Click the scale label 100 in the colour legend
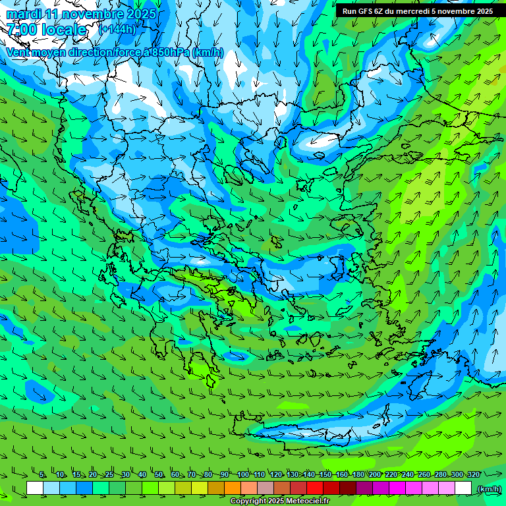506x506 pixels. [243, 474]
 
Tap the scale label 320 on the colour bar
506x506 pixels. [474, 474]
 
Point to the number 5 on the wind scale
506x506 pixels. [42, 474]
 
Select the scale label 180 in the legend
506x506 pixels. [358, 474]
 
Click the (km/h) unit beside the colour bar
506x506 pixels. [488, 489]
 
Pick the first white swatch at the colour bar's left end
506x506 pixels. [35, 488]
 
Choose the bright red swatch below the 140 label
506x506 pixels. [315, 488]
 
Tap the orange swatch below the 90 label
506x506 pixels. [233, 488]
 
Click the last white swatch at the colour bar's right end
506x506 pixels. [463, 488]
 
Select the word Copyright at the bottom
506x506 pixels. [248, 501]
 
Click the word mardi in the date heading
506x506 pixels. [23, 14]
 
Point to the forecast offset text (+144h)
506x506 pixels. [117, 29]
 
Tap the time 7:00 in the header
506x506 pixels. [20, 30]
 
